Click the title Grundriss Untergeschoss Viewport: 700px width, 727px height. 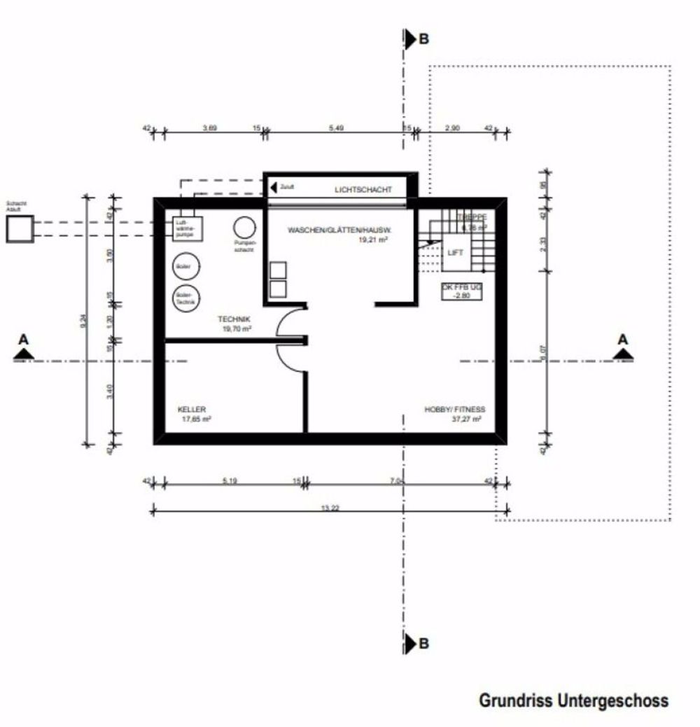[573, 700]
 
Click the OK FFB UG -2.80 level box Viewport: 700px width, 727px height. [462, 291]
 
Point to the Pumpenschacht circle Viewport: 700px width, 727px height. [244, 227]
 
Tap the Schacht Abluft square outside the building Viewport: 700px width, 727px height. [20, 229]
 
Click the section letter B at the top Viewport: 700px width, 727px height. [423, 40]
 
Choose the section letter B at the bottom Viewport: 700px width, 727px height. [423, 644]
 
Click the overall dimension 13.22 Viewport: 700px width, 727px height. [330, 508]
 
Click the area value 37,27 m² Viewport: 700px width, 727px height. [467, 420]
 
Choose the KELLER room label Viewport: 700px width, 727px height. [191, 410]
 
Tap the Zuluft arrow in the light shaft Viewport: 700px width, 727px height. [274, 187]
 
